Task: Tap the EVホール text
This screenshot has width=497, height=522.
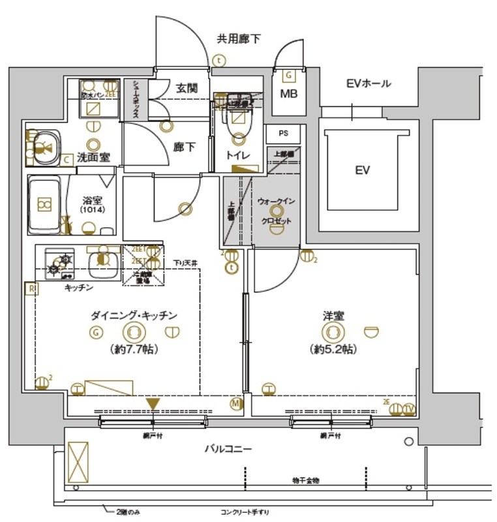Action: pyautogui.click(x=369, y=84)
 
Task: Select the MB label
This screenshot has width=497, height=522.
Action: pyautogui.click(x=288, y=94)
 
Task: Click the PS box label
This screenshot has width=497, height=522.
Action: pyautogui.click(x=283, y=133)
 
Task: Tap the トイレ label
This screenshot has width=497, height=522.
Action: pyautogui.click(x=237, y=155)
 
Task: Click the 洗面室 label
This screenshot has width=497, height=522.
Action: pyautogui.click(x=94, y=157)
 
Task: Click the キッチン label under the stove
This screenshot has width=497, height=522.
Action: pyautogui.click(x=79, y=288)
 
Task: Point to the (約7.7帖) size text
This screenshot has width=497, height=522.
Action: pyautogui.click(x=133, y=349)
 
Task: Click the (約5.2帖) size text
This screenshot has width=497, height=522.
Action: pyautogui.click(x=333, y=349)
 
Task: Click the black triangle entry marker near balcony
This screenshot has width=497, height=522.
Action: pyautogui.click(x=153, y=405)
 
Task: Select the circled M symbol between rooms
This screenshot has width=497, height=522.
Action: pyautogui.click(x=235, y=405)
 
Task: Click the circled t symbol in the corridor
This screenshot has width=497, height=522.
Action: pyautogui.click(x=230, y=266)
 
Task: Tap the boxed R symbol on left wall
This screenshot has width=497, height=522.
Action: pyautogui.click(x=29, y=288)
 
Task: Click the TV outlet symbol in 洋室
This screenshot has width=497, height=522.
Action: pyautogui.click(x=409, y=409)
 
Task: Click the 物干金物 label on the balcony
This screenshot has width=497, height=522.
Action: pyautogui.click(x=305, y=480)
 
